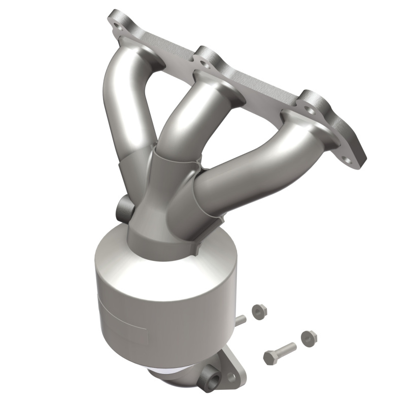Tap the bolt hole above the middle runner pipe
pyautogui.click(x=204, y=63)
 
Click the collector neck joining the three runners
pyautogui.click(x=157, y=203)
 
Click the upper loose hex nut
pyautogui.click(x=259, y=310)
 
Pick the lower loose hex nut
pyautogui.click(x=308, y=337)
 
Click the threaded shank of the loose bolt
pyautogui.click(x=287, y=349)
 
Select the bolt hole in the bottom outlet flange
pyautogui.click(x=232, y=378)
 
